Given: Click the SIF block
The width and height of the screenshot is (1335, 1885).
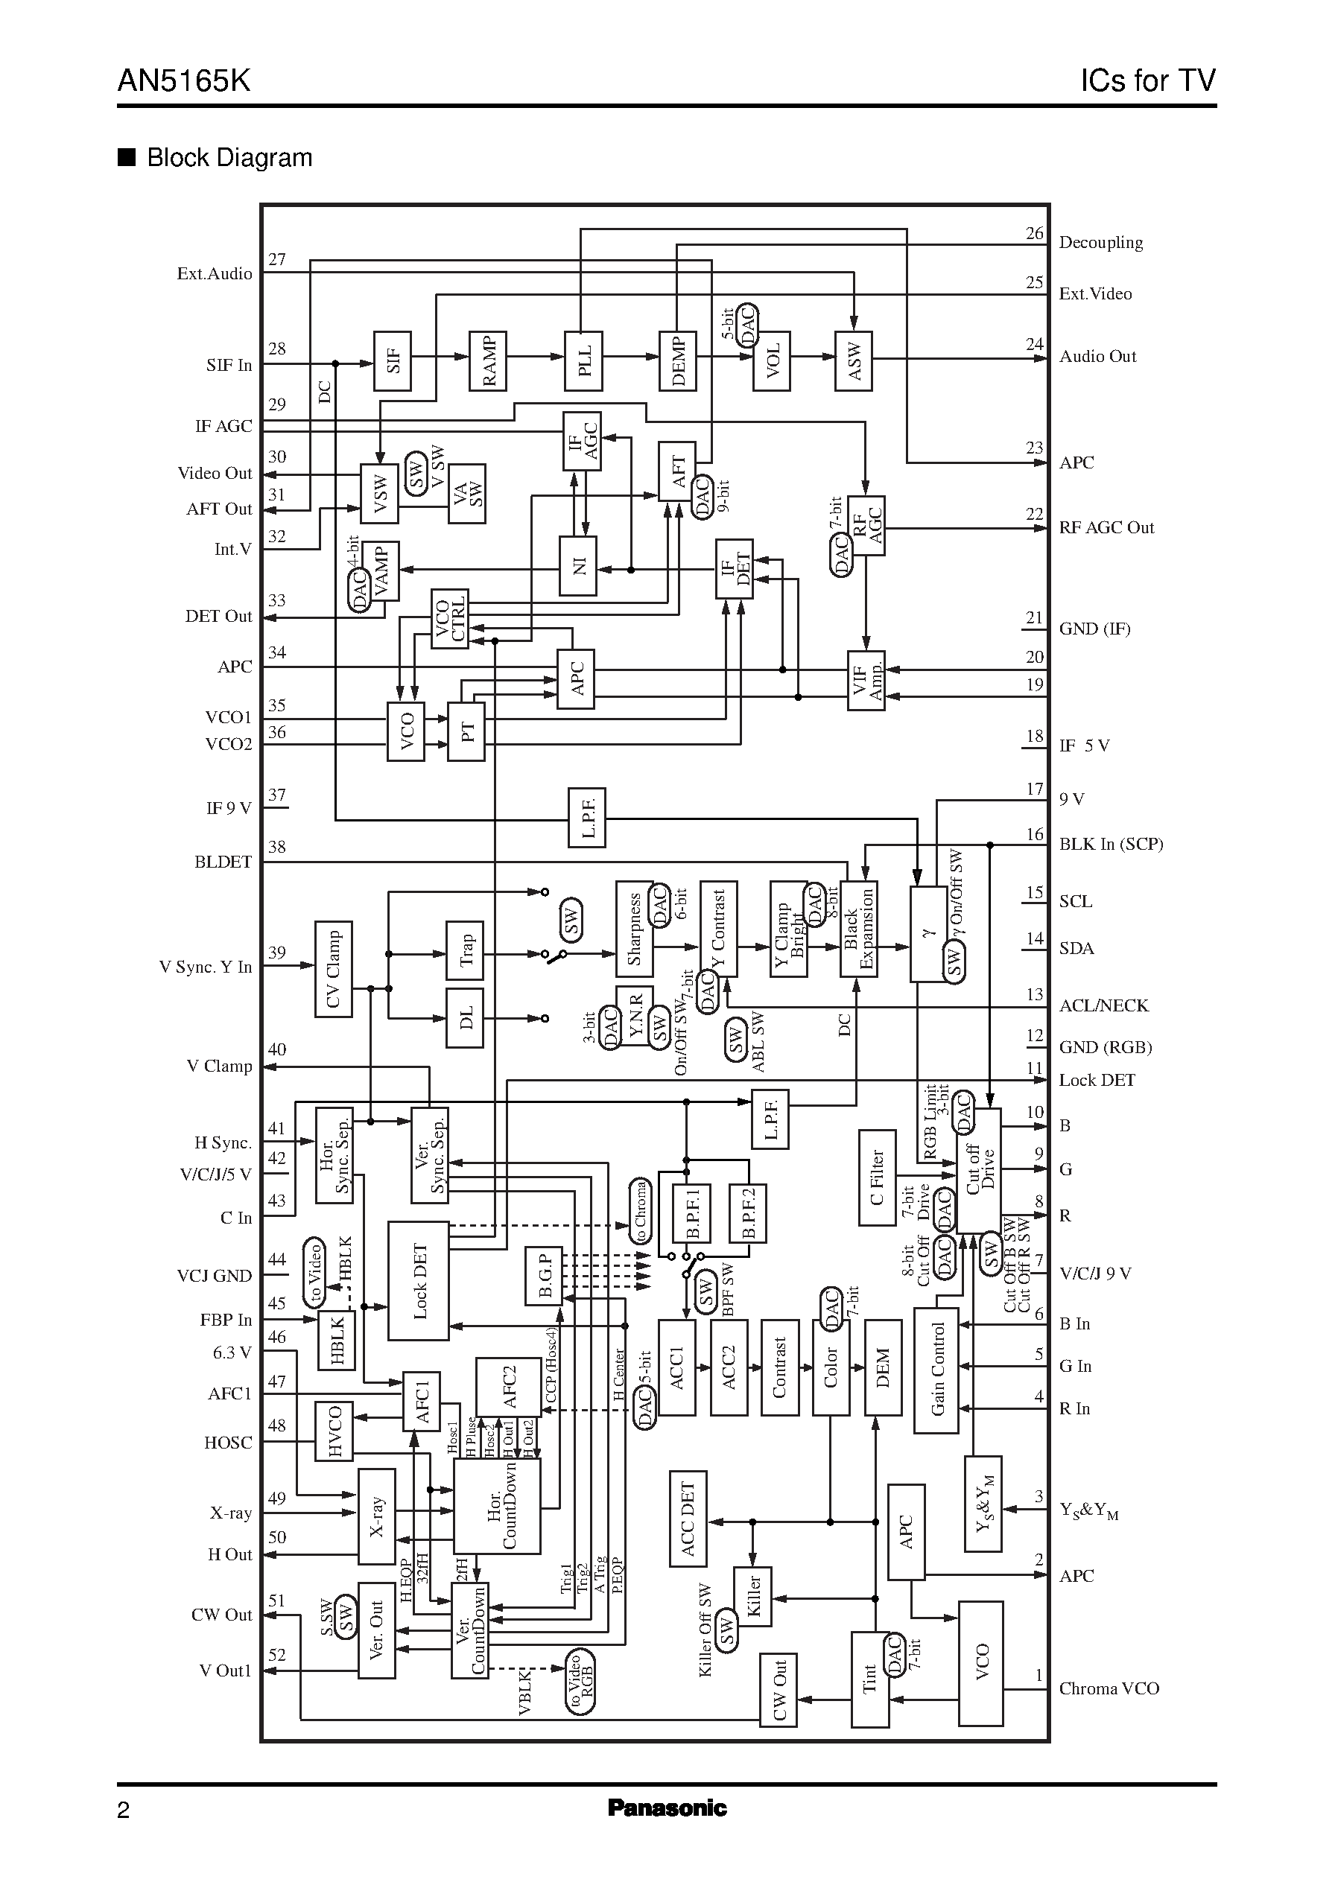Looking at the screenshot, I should coord(392,360).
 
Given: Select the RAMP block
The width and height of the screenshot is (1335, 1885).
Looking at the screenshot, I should coord(487,360).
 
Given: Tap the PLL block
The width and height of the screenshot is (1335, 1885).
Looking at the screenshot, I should coord(583,360).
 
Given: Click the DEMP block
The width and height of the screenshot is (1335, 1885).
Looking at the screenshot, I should coord(677,360).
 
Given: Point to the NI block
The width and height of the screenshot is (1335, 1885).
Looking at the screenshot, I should coord(577,565).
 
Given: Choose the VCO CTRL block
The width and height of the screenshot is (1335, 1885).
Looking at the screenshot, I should coord(450,618).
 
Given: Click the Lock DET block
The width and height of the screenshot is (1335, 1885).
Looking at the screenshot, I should coord(419,1280).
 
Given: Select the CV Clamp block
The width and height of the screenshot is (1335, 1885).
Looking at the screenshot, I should coord(333,969).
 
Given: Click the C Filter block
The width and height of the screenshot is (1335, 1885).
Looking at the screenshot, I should coord(876,1177).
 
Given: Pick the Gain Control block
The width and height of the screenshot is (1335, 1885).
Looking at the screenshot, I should coord(936,1370).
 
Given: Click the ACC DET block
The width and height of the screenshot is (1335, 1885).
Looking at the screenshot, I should coord(687,1519).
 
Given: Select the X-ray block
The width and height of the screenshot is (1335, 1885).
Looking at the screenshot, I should coord(376,1516).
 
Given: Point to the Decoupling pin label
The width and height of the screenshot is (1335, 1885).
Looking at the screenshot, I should coord(1100,242).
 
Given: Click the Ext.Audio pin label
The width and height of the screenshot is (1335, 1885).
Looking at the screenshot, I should coord(215,273).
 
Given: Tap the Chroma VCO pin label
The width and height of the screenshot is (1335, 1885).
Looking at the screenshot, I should coord(1108,1688).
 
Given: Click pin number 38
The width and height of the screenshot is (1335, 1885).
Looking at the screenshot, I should coord(277,848).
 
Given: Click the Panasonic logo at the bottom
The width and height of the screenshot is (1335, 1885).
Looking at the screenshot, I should coord(667,1808).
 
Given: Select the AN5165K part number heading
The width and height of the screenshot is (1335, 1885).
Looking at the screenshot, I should coord(184,80).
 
